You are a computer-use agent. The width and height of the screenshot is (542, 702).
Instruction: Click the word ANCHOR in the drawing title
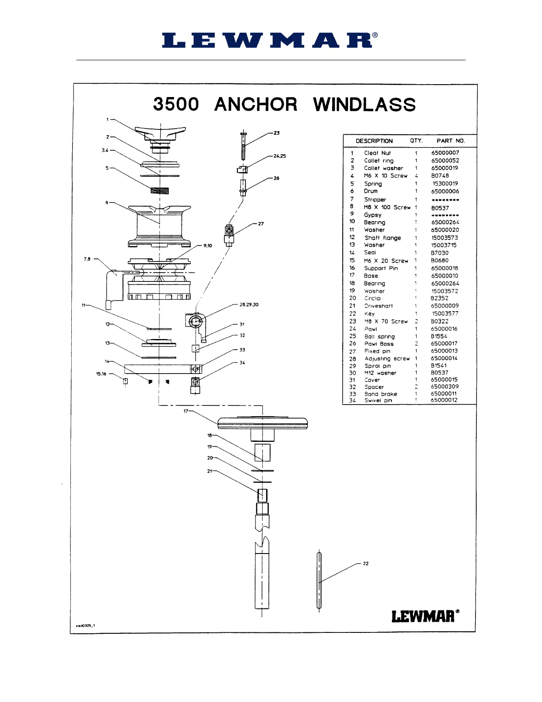coord(256,105)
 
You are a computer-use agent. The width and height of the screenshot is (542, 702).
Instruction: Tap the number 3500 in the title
coord(176,105)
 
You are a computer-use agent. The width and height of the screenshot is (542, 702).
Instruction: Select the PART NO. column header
coord(450,141)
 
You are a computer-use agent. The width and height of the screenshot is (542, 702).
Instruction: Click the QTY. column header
coord(416,140)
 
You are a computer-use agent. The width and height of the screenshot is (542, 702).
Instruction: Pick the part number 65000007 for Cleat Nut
coord(445,153)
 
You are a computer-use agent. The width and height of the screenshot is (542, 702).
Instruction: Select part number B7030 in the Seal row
coord(439,253)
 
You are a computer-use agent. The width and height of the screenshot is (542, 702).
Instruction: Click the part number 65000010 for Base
coord(445,276)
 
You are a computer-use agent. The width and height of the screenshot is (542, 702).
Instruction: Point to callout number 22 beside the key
coord(366,564)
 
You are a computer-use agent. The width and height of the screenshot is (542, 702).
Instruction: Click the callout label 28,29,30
coord(249,304)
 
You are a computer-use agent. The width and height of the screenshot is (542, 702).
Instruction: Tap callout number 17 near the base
coord(186,411)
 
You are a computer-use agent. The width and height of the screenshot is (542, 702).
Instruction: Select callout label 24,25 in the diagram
coord(279,156)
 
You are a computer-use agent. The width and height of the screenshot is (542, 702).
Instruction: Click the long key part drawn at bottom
coord(319,581)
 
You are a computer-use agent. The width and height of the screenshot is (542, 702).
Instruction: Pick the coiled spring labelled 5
coord(160,191)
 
